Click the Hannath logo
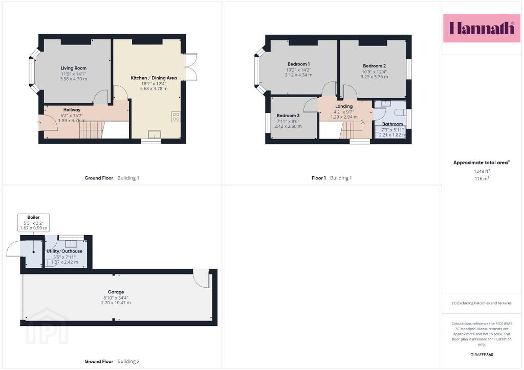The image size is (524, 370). (x=482, y=28)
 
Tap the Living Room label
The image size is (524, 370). (x=74, y=68)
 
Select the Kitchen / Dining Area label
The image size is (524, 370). (x=154, y=78)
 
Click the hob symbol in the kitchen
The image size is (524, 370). (x=176, y=117)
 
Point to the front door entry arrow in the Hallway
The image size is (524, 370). (x=39, y=123)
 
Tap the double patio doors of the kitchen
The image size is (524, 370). (x=190, y=67)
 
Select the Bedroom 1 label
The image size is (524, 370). (x=299, y=64)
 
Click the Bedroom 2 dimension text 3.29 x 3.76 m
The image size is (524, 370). (x=374, y=77)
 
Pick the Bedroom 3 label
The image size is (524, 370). (x=288, y=115)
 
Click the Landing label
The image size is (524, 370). (x=344, y=106)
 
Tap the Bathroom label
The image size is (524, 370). (x=392, y=124)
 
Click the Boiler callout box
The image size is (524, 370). (x=33, y=222)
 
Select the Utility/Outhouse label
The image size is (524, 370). (x=64, y=251)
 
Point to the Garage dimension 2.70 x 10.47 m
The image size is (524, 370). (x=116, y=303)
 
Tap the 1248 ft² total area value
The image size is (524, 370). (x=482, y=171)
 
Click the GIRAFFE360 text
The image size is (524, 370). (x=482, y=355)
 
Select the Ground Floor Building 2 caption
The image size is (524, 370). (x=112, y=361)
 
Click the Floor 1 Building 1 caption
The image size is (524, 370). (x=332, y=178)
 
